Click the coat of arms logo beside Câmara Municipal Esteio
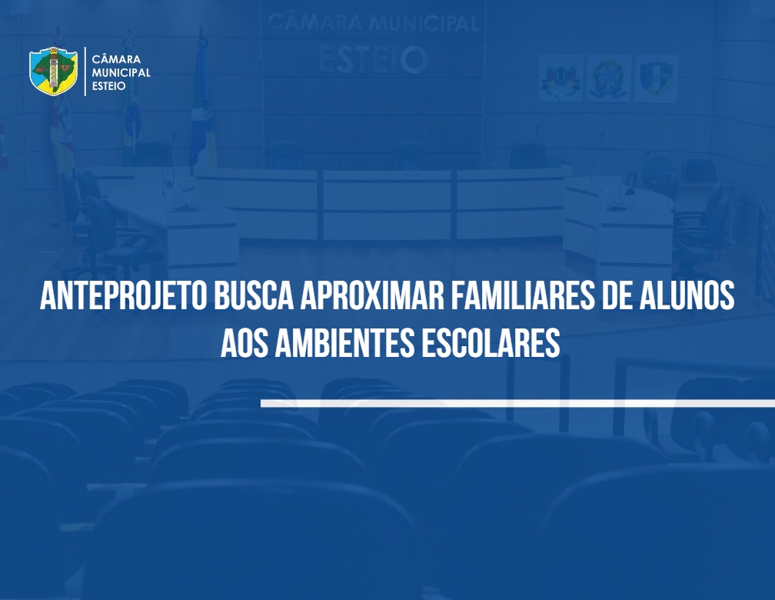point(53,72)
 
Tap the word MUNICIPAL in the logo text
point(121,72)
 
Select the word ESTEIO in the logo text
point(108,85)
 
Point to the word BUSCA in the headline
point(253,296)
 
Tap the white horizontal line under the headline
point(518,404)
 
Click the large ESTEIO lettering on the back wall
point(373,59)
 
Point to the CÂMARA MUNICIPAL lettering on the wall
point(373,22)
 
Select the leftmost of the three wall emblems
point(560,78)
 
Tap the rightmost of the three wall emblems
point(656,78)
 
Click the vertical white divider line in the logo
point(85,72)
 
